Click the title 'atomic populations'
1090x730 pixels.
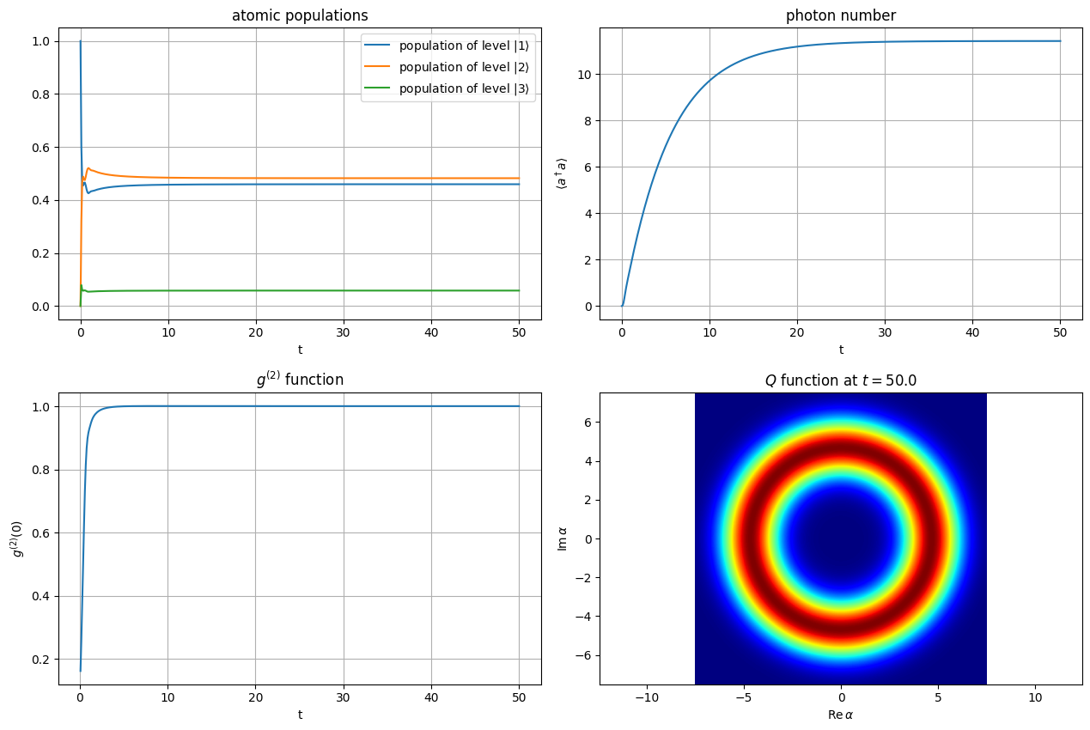tap(300, 15)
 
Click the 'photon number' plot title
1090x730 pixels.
tap(841, 15)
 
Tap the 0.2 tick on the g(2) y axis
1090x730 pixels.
tap(38, 660)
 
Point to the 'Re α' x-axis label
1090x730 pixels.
tap(841, 715)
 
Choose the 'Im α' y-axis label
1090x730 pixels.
tap(563, 538)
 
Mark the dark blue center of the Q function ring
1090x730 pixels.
tap(841, 539)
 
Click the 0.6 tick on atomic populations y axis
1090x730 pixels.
tap(38, 148)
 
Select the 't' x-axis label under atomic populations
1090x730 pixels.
tap(300, 350)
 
